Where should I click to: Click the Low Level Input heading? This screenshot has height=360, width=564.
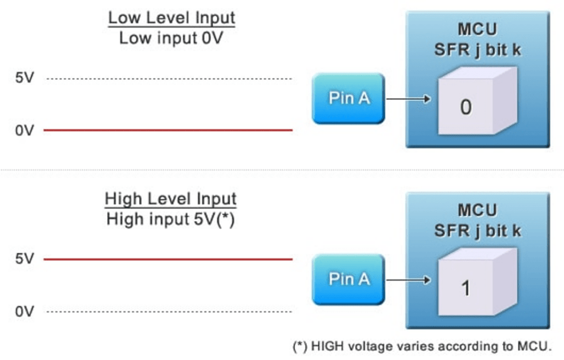point(171,18)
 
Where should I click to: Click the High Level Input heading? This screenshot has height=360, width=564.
point(171,199)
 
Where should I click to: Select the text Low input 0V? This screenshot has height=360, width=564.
point(171,38)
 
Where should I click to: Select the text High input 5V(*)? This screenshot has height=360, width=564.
point(171,219)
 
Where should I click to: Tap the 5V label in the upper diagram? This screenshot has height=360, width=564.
point(24,78)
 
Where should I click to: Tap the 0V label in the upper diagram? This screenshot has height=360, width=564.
point(24,130)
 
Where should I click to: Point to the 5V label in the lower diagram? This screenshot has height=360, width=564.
point(24,259)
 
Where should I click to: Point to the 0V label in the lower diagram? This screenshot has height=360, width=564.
point(24,312)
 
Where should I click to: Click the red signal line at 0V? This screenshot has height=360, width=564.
point(168,130)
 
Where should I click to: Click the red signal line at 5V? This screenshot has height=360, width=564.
point(168,259)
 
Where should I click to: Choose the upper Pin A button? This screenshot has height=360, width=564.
point(349,99)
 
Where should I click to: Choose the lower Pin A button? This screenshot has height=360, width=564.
point(349,279)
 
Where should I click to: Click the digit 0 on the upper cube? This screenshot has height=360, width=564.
point(465,107)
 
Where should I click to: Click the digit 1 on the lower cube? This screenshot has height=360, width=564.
point(465,288)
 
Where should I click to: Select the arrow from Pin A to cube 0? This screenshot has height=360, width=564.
point(408,99)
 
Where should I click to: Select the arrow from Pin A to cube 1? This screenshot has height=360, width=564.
point(408,280)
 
